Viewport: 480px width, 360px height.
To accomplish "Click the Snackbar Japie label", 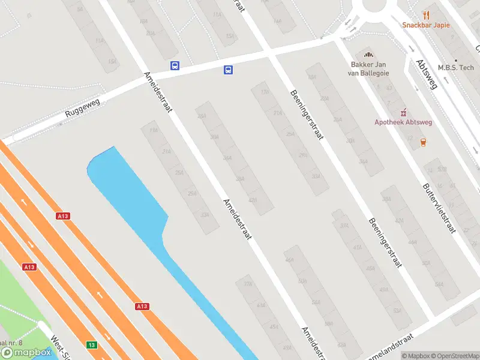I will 426,25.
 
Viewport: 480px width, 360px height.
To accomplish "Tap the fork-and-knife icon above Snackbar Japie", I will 427,14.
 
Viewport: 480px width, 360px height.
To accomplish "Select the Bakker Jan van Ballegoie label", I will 368,69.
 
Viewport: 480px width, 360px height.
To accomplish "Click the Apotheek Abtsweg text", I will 403,122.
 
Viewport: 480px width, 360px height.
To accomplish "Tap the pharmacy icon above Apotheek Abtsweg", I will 403,112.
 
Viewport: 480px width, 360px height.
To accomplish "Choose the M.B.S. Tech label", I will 456,68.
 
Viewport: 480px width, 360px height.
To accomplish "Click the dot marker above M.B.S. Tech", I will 456,60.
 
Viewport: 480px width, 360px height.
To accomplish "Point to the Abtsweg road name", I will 427,74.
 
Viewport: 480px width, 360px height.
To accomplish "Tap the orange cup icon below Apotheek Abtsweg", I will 424,142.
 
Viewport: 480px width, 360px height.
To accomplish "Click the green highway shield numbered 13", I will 91,344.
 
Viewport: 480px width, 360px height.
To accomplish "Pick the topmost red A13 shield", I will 63,215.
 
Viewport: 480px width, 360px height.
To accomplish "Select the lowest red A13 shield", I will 142,307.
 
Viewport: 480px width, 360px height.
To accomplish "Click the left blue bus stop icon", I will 175,66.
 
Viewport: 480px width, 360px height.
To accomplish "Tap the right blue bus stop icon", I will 228,70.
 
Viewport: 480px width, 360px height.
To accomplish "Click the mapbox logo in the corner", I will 26,352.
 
